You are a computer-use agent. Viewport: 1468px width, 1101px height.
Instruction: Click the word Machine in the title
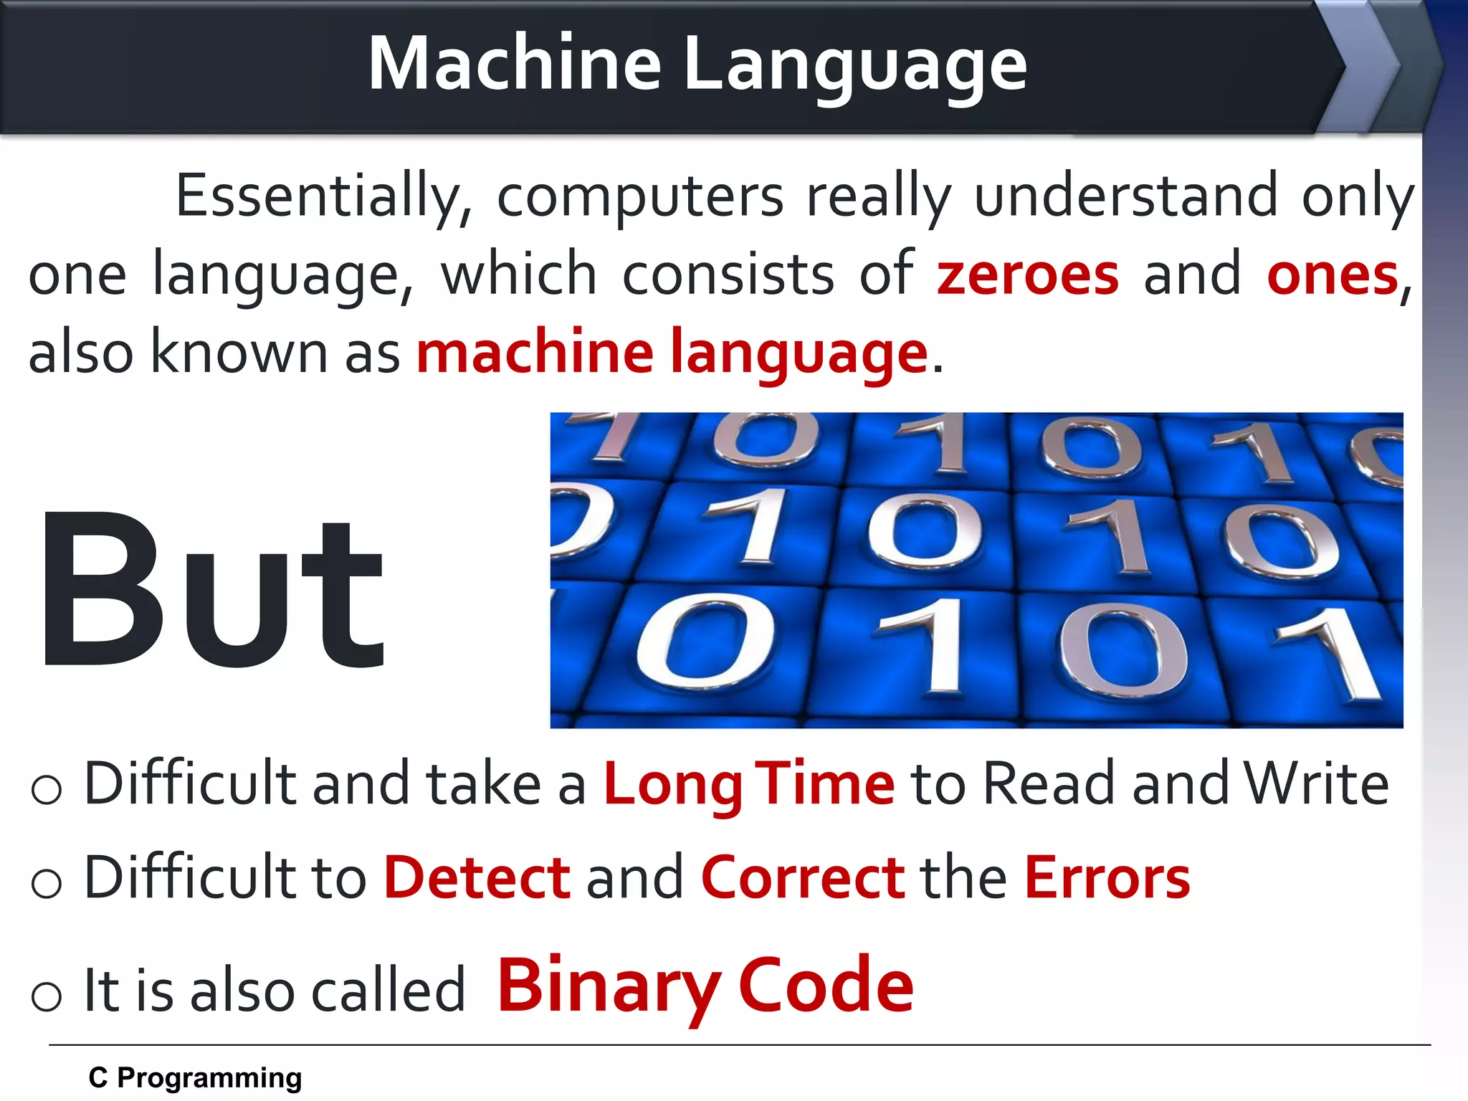(x=514, y=64)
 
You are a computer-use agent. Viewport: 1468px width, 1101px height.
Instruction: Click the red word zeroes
(x=1027, y=275)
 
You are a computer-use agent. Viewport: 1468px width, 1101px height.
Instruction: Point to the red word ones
(x=1333, y=275)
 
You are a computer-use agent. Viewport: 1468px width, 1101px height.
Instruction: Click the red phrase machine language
(x=672, y=353)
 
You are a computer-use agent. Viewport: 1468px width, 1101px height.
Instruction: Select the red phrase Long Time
(x=749, y=783)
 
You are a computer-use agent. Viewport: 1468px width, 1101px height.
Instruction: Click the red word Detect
(x=477, y=877)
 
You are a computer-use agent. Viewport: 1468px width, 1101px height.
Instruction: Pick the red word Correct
(x=803, y=877)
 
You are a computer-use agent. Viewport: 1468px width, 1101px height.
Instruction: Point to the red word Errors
(x=1107, y=877)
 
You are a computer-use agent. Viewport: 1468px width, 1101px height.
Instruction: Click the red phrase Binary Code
(x=705, y=987)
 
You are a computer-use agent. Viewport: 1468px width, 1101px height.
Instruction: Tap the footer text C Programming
(x=195, y=1078)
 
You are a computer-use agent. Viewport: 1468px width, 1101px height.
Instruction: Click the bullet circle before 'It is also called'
(x=47, y=996)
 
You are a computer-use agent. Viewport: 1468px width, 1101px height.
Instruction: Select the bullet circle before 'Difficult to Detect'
(x=47, y=882)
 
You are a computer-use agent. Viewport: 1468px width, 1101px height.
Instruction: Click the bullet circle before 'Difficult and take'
(x=47, y=789)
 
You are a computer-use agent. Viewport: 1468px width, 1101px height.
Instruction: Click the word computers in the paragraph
(x=640, y=196)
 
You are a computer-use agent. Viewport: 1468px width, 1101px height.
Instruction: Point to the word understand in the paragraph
(x=1126, y=195)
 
